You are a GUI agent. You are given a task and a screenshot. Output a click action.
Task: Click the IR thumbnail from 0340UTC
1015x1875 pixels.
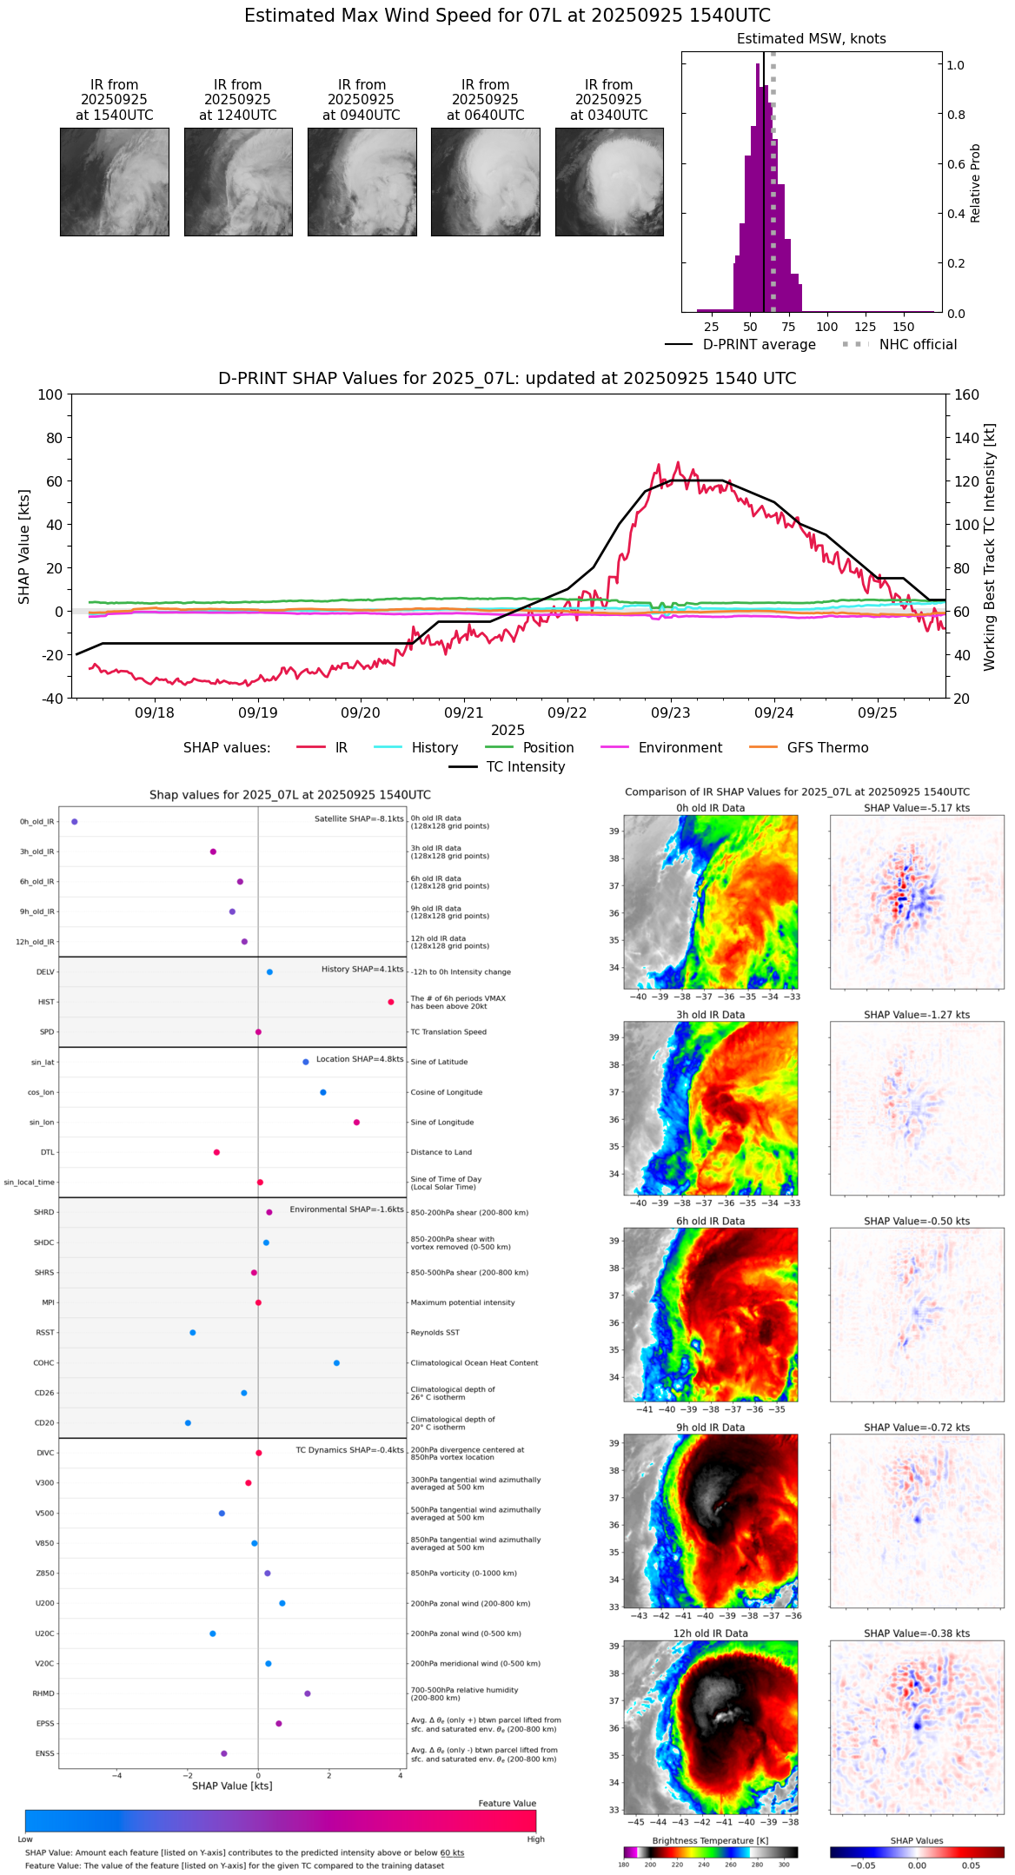click(x=609, y=182)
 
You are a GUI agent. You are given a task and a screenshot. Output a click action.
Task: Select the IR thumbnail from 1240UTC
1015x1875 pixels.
click(x=238, y=182)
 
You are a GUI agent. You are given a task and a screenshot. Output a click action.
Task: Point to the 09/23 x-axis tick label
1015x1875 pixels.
click(x=670, y=713)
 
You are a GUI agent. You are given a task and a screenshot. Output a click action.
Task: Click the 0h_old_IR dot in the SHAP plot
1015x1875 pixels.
click(x=75, y=822)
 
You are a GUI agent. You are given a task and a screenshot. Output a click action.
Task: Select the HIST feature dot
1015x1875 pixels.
click(x=391, y=1003)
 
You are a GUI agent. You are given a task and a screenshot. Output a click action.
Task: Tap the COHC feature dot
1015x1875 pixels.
click(x=336, y=1363)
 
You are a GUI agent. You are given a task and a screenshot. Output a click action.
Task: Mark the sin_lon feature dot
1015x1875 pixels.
click(x=356, y=1123)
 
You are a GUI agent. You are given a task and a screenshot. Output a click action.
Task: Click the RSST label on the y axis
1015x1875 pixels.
click(x=45, y=1333)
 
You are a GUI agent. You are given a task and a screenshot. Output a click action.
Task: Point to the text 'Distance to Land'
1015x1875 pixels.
click(x=441, y=1153)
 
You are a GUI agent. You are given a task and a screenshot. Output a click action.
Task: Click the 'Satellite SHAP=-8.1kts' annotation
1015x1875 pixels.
click(x=359, y=819)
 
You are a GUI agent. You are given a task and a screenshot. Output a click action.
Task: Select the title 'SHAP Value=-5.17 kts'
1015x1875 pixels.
click(x=917, y=808)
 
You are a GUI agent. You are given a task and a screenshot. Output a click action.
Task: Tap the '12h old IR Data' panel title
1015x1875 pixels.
click(x=710, y=1633)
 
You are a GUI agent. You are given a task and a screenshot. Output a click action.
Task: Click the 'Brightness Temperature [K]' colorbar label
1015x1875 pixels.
click(x=710, y=1841)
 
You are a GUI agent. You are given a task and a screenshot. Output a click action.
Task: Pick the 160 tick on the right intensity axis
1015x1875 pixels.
click(x=966, y=395)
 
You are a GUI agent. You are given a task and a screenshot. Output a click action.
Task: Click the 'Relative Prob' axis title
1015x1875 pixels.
click(x=975, y=183)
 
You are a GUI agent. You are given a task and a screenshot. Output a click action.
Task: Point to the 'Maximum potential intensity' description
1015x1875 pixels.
click(x=462, y=1303)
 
